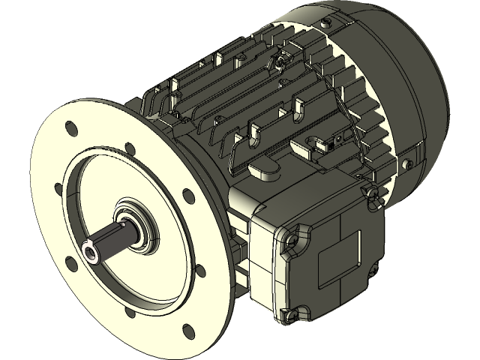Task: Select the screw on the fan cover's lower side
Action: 409,160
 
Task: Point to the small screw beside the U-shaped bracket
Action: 339,138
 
